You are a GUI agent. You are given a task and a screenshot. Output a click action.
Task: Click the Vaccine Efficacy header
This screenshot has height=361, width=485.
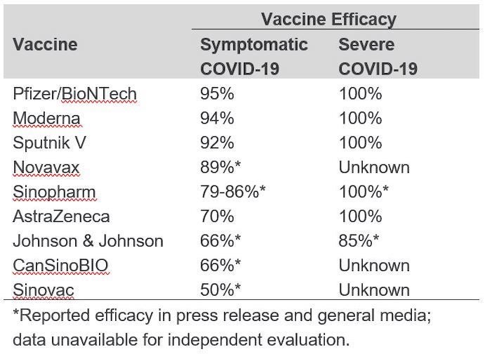click(328, 20)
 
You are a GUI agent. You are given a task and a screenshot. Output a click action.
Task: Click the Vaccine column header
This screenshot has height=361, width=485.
click(45, 45)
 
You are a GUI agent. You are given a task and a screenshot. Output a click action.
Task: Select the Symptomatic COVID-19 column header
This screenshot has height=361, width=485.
click(254, 57)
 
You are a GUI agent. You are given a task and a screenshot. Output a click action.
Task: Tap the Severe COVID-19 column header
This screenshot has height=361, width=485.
click(377, 57)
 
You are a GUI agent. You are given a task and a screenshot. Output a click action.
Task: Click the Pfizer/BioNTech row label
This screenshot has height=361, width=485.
click(75, 94)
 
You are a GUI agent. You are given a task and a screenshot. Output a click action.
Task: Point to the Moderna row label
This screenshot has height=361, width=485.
click(46, 119)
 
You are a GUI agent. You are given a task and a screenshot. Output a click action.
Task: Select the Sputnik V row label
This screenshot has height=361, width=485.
click(50, 143)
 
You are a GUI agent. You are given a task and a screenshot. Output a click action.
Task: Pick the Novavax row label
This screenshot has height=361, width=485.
click(46, 168)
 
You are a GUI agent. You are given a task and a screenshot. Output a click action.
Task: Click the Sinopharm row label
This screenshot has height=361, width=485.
click(53, 192)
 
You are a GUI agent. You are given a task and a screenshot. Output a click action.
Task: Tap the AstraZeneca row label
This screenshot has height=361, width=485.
click(61, 217)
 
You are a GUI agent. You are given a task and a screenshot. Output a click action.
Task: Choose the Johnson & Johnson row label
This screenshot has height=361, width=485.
click(88, 242)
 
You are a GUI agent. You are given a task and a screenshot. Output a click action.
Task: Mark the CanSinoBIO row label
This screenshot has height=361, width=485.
click(60, 266)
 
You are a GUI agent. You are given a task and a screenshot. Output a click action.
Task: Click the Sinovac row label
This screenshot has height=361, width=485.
click(44, 291)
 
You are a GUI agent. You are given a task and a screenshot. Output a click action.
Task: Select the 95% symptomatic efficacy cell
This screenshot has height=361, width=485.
click(216, 94)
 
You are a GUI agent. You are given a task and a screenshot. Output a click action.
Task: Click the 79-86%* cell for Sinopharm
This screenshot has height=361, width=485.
click(233, 192)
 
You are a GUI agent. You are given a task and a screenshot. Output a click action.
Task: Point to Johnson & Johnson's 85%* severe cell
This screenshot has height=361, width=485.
click(359, 242)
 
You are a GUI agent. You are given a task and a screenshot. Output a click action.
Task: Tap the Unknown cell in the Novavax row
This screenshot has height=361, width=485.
click(373, 168)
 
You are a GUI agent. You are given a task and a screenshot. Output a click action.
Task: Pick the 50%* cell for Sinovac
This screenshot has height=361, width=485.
click(220, 291)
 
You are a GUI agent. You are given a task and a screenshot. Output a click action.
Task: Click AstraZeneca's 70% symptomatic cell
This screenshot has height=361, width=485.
click(216, 217)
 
